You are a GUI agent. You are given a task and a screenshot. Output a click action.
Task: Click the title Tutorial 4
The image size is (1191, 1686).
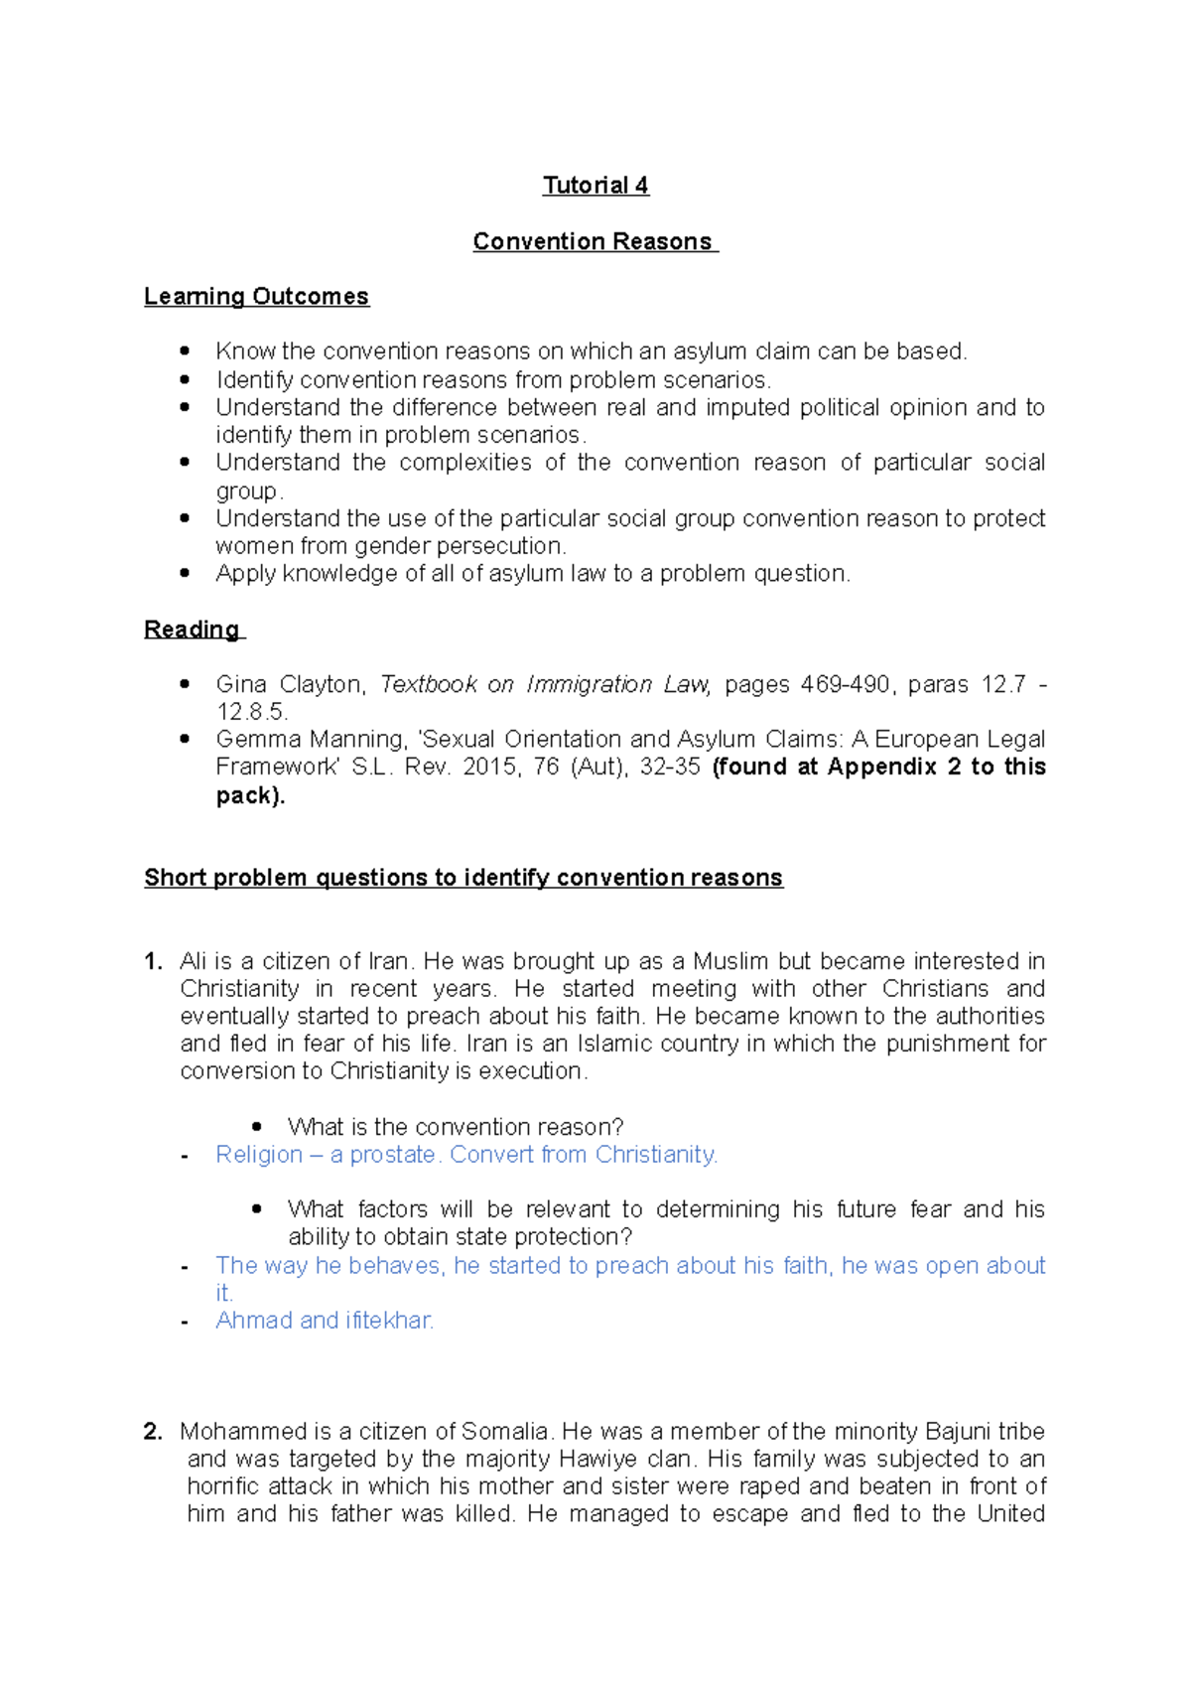pyautogui.click(x=595, y=186)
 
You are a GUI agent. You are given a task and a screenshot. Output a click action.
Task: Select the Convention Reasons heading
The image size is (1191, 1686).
pyautogui.click(x=594, y=241)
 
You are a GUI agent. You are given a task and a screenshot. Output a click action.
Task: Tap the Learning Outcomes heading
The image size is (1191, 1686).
pyautogui.click(x=256, y=296)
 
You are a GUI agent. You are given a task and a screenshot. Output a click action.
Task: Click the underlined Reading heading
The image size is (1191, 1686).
pyautogui.click(x=193, y=630)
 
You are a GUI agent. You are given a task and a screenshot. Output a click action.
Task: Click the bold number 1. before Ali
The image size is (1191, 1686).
pyautogui.click(x=153, y=961)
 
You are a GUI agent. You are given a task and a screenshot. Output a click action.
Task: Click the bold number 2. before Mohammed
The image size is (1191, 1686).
pyautogui.click(x=153, y=1431)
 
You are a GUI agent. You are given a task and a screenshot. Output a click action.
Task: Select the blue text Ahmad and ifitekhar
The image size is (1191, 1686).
pyautogui.click(x=325, y=1321)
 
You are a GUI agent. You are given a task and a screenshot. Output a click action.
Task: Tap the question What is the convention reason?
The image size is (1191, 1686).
pyautogui.click(x=455, y=1127)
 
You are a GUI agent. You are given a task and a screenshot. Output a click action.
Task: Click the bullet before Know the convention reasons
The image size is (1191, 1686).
pyautogui.click(x=185, y=351)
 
